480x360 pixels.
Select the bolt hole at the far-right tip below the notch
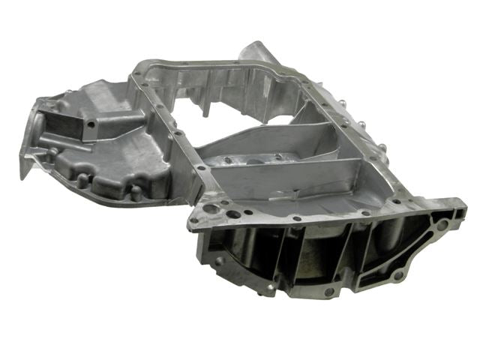pos(442,223)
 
